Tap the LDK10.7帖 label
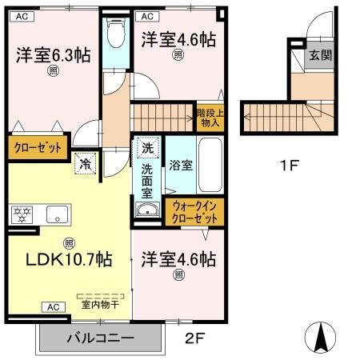click(68, 261)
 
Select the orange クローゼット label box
click(36, 148)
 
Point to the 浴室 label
click(180, 166)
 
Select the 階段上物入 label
click(210, 118)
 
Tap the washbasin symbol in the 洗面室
click(146, 210)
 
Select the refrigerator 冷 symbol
click(84, 162)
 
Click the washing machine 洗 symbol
click(146, 148)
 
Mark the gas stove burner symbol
click(21, 214)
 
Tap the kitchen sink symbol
click(57, 214)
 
